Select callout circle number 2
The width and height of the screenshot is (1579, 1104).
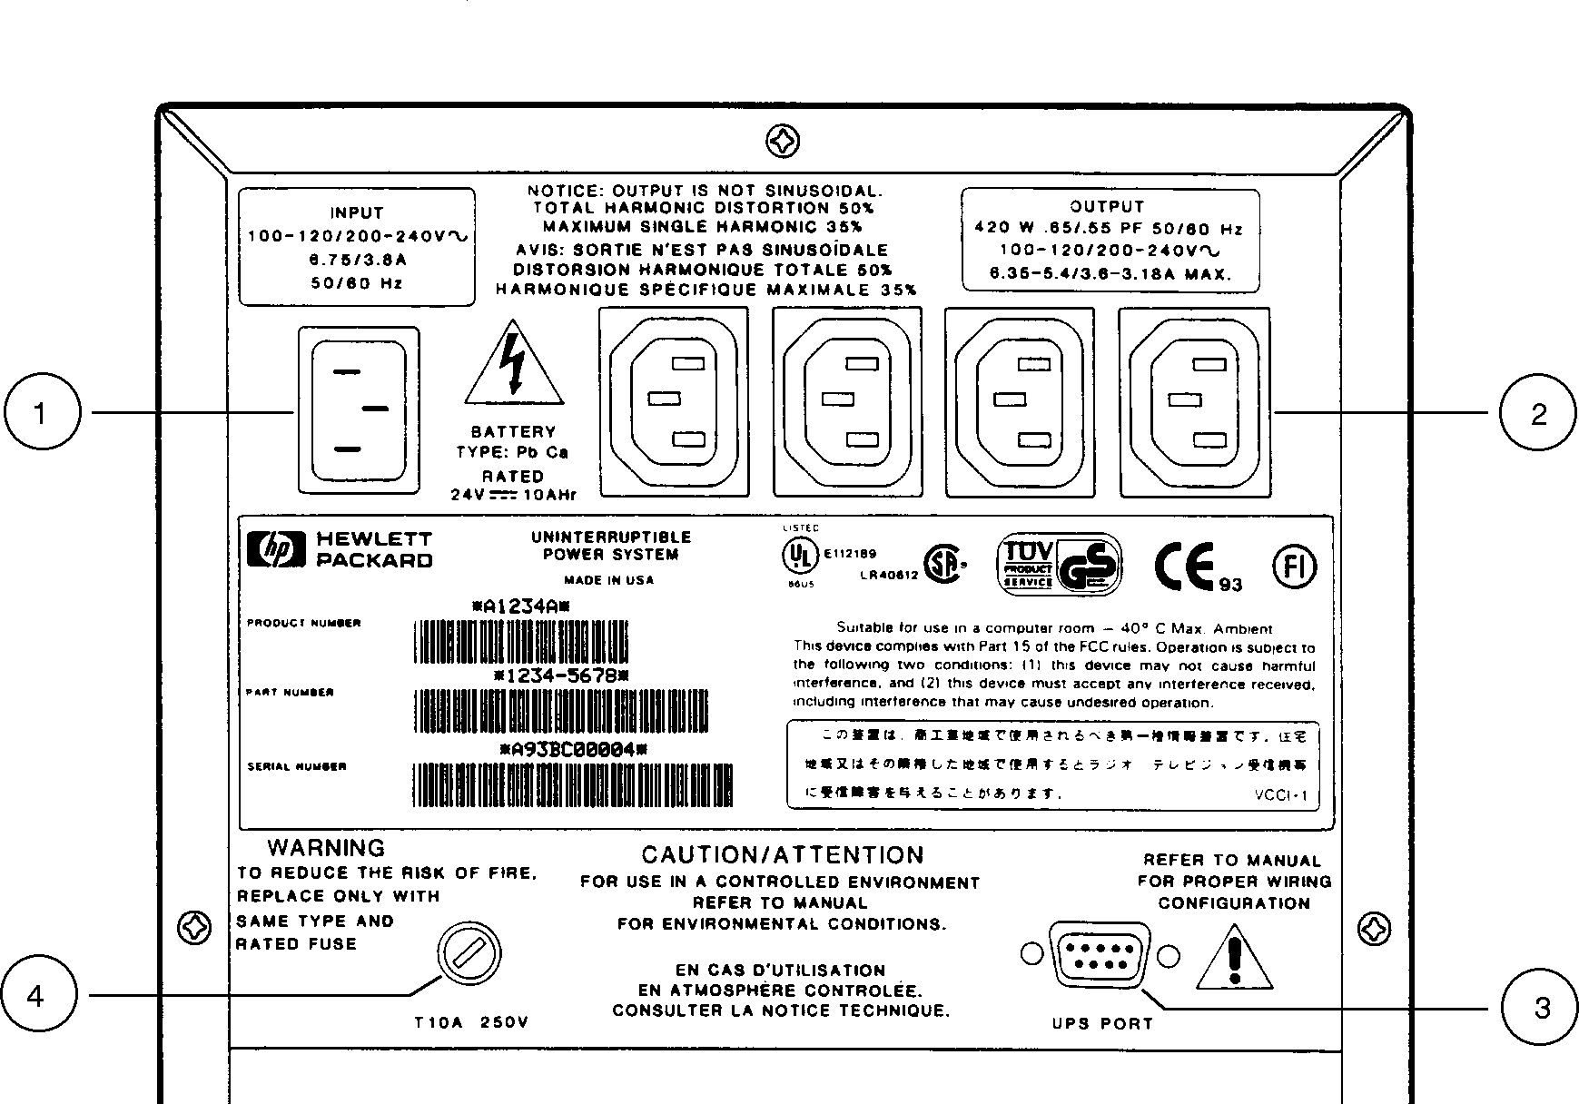pyautogui.click(x=1537, y=414)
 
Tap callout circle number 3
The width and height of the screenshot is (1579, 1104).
pyautogui.click(x=1541, y=1007)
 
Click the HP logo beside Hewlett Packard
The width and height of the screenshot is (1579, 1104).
pyautogui.click(x=277, y=549)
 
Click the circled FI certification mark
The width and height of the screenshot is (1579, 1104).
pyautogui.click(x=1293, y=566)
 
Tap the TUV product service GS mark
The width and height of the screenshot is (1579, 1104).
pyautogui.click(x=1060, y=565)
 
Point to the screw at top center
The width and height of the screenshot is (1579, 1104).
pyautogui.click(x=783, y=142)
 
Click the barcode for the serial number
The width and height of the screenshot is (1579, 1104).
pyautogui.click(x=573, y=784)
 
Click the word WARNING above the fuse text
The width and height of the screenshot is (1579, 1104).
pyautogui.click(x=326, y=848)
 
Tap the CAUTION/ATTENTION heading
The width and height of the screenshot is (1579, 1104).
pyautogui.click(x=783, y=855)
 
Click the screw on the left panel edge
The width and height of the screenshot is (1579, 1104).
pyautogui.click(x=196, y=928)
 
